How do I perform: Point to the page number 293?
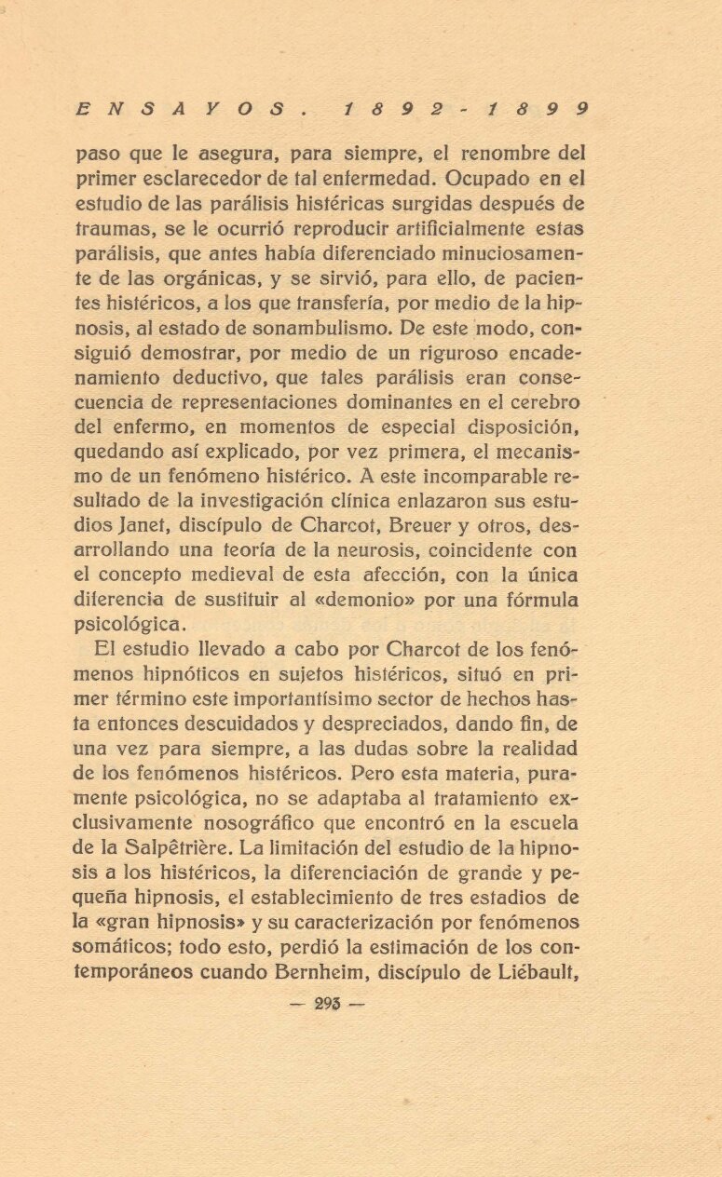coord(328,1003)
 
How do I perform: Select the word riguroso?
coord(383,353)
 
